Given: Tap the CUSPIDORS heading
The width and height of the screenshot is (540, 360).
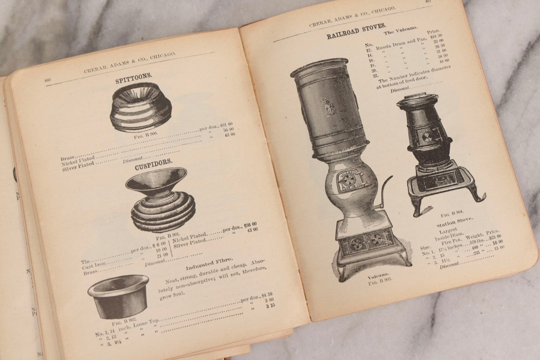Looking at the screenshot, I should click(154, 165).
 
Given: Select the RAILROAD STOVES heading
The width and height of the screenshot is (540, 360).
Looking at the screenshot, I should click(357, 31).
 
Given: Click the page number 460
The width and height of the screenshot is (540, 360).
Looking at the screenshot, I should click(47, 80).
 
